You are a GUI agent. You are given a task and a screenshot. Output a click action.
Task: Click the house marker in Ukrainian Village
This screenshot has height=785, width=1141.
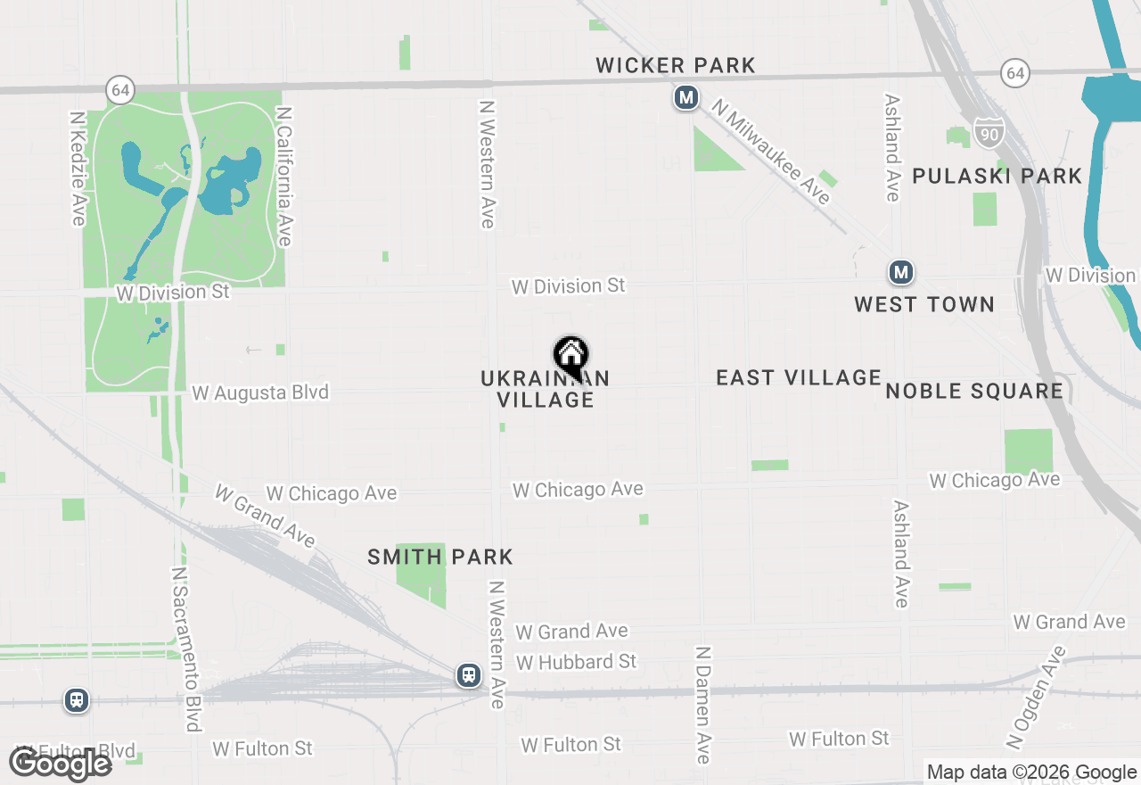point(571,356)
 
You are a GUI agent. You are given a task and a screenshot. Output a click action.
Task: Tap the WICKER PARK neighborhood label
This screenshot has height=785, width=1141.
point(676,65)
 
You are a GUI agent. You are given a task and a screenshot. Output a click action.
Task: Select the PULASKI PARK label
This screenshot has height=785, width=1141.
point(997,176)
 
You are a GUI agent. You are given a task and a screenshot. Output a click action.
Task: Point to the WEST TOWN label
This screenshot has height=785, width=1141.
point(924,305)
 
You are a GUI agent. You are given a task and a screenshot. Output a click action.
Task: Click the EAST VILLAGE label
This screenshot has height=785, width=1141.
point(799,378)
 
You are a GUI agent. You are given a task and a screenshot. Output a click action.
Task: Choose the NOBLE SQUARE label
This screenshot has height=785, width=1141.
point(974,391)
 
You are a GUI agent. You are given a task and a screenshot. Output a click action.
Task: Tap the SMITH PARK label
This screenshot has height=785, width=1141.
point(440,558)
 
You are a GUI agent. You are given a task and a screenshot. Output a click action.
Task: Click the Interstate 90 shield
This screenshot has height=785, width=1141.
point(989,132)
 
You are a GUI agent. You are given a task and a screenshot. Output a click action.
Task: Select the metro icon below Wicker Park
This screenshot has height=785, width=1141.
point(685,97)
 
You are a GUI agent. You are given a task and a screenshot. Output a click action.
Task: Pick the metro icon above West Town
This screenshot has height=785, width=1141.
point(901,272)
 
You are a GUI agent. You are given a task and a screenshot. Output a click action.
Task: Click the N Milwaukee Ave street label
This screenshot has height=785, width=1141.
point(772,151)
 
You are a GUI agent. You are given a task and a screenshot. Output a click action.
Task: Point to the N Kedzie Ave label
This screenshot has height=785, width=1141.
point(78,168)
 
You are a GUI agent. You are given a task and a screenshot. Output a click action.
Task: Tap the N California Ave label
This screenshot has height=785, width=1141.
point(283,177)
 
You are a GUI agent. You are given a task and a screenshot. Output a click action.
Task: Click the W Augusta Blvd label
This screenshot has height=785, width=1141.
point(260,392)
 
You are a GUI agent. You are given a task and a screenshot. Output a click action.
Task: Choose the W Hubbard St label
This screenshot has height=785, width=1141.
point(576,662)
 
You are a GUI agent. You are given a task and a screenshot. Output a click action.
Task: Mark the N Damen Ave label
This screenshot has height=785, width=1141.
point(703,705)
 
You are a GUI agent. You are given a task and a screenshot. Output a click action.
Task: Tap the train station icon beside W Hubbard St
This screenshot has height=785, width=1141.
point(469,675)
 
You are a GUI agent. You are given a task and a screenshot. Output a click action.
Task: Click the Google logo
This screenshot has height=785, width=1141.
point(61,764)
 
